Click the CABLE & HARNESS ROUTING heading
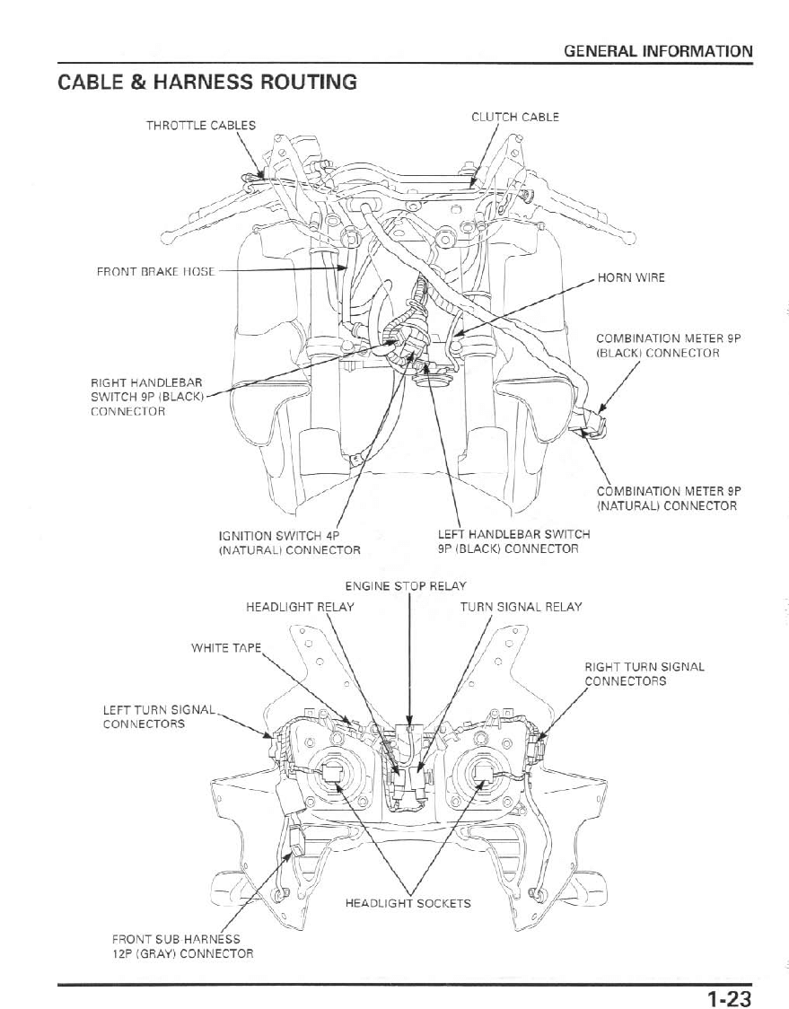(207, 83)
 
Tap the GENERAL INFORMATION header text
(658, 51)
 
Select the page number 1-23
(727, 997)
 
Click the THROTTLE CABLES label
(201, 125)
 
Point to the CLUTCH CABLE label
(515, 117)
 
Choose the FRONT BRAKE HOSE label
(156, 270)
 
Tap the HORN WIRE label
(632, 277)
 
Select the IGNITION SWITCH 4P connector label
(290, 542)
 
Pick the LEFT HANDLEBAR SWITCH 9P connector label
(513, 541)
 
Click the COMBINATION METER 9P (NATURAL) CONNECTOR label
(666, 498)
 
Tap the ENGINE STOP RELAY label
(406, 586)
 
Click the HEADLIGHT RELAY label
(300, 607)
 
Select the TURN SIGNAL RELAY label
(521, 607)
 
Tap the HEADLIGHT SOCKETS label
(408, 903)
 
